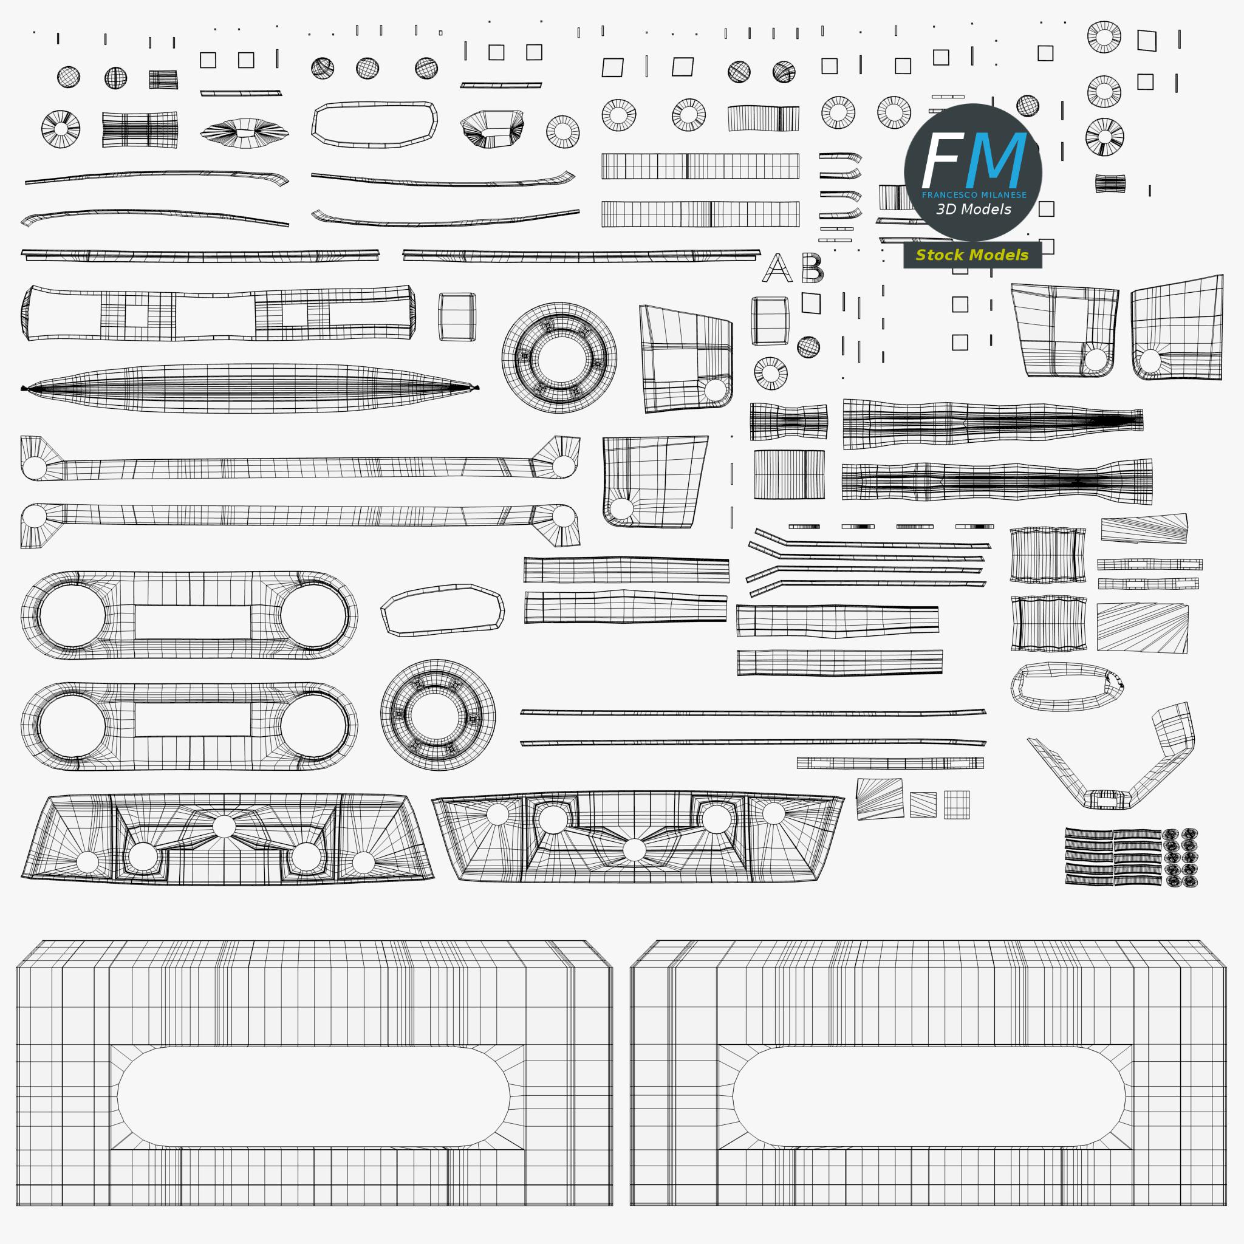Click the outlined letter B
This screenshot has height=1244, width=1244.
pyautogui.click(x=812, y=268)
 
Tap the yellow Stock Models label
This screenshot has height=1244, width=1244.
pyautogui.click(x=972, y=255)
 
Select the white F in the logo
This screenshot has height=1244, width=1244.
pyautogui.click(x=943, y=160)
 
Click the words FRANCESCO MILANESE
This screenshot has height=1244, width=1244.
pyautogui.click(x=974, y=195)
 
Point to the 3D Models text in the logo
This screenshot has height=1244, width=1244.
pyautogui.click(x=974, y=210)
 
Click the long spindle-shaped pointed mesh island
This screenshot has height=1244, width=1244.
pyautogui.click(x=250, y=388)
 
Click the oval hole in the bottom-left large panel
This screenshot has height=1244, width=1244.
pyautogui.click(x=313, y=1096)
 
